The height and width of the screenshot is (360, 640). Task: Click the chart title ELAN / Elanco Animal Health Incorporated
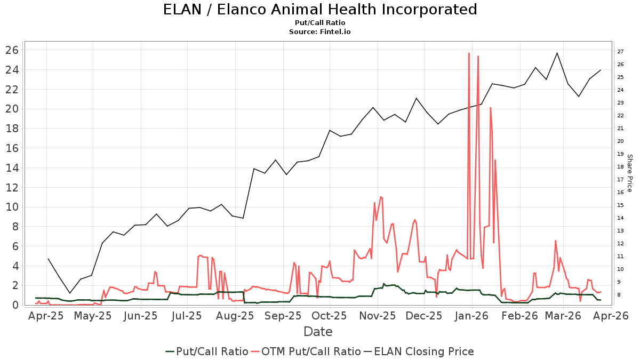(320, 10)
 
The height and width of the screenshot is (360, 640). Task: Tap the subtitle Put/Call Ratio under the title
(320, 23)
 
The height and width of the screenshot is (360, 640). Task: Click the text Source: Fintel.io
(320, 32)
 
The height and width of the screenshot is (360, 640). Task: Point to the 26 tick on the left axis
(13, 50)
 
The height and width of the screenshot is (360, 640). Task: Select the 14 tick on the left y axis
(13, 168)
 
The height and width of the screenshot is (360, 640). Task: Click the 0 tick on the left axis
(16, 305)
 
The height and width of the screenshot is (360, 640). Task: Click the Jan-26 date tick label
(473, 316)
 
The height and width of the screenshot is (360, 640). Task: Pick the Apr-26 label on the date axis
(614, 316)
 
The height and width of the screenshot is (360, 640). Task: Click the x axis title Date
(318, 332)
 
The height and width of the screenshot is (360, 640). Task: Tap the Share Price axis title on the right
(629, 173)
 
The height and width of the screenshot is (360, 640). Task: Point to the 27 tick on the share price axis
(620, 52)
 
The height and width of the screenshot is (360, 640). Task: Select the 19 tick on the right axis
(620, 154)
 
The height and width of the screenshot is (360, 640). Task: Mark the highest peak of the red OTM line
(469, 53)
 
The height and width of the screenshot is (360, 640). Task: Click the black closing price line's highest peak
(557, 53)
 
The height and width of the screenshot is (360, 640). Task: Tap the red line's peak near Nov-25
(381, 197)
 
